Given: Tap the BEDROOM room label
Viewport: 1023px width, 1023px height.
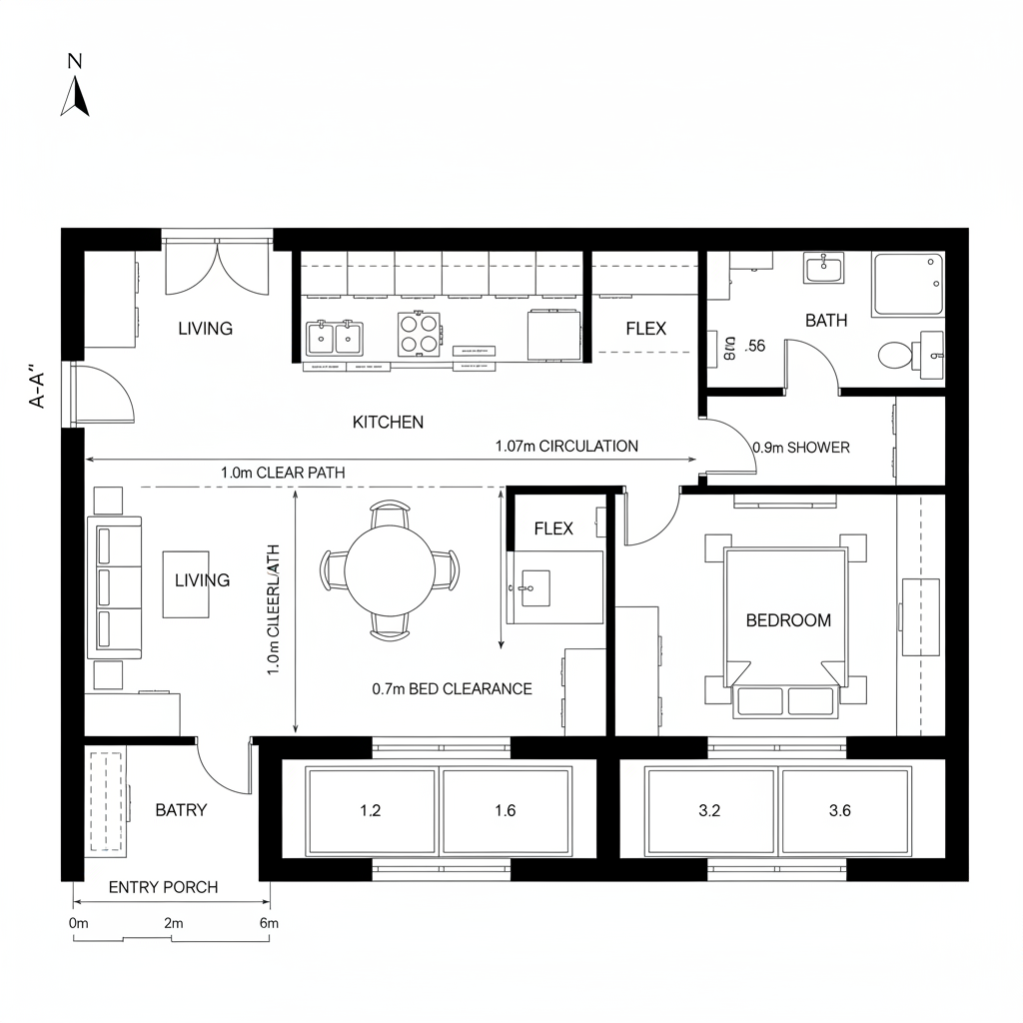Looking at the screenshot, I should (x=788, y=620).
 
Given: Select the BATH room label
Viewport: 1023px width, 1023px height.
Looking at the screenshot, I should (x=825, y=321).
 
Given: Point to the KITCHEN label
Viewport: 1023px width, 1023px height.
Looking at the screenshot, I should (x=388, y=423).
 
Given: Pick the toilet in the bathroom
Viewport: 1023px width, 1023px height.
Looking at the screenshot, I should (x=896, y=354).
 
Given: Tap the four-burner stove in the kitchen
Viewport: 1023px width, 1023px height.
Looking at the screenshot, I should (x=420, y=334).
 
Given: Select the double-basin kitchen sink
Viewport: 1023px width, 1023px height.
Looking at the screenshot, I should (x=335, y=338).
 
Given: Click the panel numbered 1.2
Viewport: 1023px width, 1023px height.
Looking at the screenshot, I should (x=370, y=810).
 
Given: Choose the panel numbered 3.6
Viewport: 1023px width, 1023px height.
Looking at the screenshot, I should (x=839, y=810).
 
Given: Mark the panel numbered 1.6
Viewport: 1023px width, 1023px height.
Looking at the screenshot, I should (x=506, y=810).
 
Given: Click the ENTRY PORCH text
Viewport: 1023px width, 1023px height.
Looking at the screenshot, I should (x=163, y=887).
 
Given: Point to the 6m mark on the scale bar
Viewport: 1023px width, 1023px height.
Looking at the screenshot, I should (x=269, y=923).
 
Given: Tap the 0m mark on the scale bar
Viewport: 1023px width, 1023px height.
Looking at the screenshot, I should (x=79, y=923).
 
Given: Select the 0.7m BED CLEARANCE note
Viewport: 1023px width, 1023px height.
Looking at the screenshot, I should (x=452, y=689).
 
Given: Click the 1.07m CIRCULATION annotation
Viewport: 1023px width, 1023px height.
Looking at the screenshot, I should (x=566, y=447).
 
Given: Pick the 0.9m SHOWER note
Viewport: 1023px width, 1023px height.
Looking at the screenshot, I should (x=801, y=448).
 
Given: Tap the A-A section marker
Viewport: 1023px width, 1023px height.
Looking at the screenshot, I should (x=39, y=388).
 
